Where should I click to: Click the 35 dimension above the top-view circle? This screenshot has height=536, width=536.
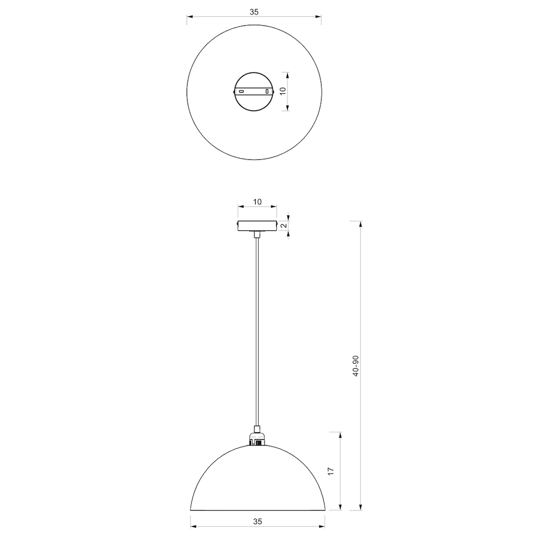(x=254, y=12)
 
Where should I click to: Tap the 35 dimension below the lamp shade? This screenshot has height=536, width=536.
(x=258, y=522)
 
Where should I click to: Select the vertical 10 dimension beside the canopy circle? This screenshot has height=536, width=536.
(x=283, y=91)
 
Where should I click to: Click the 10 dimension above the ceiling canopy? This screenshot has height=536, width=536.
(x=257, y=202)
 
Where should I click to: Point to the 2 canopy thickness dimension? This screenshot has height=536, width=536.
(x=284, y=226)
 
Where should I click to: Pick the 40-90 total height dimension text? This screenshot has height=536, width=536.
(x=355, y=366)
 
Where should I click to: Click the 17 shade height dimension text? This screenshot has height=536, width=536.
(x=331, y=471)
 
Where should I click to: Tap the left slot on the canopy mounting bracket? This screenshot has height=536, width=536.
(x=241, y=92)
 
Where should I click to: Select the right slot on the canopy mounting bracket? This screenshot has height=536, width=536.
(x=267, y=92)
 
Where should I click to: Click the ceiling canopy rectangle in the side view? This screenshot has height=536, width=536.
(x=257, y=226)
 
